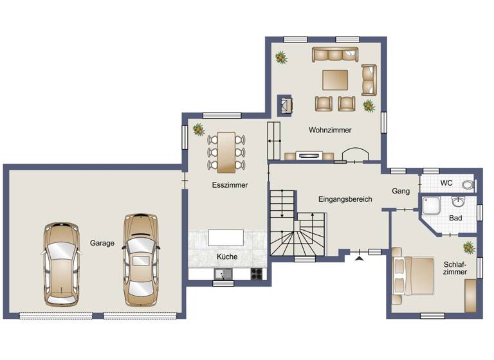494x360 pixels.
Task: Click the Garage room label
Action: [102, 243]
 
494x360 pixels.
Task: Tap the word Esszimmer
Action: [230, 185]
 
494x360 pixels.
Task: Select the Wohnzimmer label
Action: [330, 130]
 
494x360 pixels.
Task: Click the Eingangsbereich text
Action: [345, 199]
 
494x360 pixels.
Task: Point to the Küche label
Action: [227, 256]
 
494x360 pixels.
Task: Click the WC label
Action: [446, 183]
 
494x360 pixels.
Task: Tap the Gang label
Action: [401, 191]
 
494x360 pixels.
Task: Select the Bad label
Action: [456, 219]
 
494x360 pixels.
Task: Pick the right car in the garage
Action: [140, 259]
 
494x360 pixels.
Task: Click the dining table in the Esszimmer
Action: [226, 152]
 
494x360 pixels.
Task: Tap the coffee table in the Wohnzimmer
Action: [335, 80]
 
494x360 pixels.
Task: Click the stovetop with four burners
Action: [257, 274]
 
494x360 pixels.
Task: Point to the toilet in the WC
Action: [468, 184]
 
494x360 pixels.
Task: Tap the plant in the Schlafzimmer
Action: [468, 247]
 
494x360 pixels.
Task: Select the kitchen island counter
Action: [225, 237]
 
